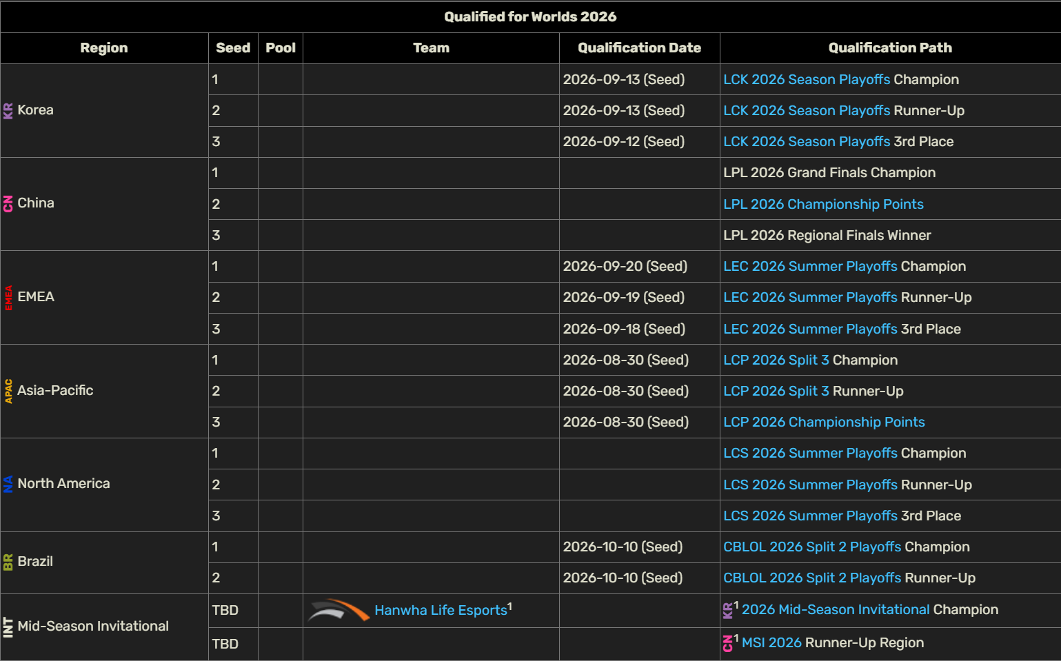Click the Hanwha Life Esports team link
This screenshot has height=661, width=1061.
(441, 610)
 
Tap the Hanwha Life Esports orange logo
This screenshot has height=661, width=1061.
(338, 610)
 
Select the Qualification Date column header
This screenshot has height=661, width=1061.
(639, 48)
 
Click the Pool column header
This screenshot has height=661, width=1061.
(281, 48)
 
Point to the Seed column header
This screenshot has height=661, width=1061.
(233, 48)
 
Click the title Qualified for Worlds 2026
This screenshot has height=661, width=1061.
(531, 17)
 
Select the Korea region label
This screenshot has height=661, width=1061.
(36, 110)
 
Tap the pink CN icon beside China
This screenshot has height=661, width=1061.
(8, 203)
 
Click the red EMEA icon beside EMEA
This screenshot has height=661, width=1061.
(8, 297)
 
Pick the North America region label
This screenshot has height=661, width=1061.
(63, 483)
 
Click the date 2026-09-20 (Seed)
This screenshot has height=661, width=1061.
(625, 266)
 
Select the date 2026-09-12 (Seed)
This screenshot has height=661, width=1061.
(623, 141)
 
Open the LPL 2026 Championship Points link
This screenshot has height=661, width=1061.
(823, 204)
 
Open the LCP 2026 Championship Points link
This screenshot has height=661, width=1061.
(824, 422)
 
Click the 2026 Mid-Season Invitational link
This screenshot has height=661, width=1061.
(836, 609)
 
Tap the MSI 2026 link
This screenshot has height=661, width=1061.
(771, 642)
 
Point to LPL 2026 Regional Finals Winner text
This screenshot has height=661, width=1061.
(827, 235)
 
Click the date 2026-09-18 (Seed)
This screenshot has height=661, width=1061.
(624, 329)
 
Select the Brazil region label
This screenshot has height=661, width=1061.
(35, 561)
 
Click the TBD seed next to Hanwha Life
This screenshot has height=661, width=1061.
(225, 610)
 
